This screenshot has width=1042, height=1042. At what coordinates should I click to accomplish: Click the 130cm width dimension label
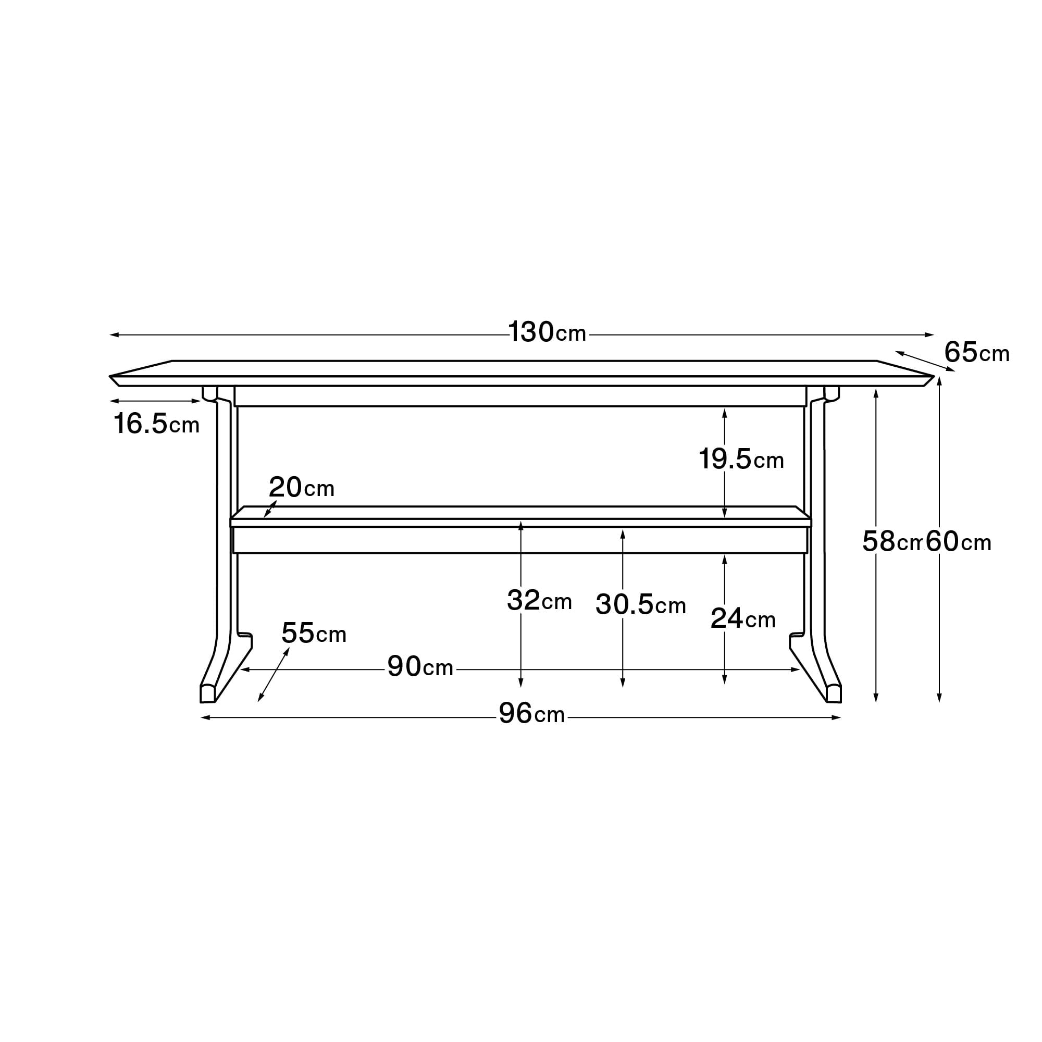click(x=547, y=332)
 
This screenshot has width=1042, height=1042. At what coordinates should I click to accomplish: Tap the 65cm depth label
click(x=976, y=353)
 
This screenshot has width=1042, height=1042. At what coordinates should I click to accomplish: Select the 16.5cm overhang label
click(x=156, y=424)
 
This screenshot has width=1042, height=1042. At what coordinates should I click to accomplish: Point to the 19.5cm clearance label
click(x=741, y=459)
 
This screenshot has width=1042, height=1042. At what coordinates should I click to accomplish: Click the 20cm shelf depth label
click(x=302, y=487)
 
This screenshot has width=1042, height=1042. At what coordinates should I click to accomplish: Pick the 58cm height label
click(x=892, y=541)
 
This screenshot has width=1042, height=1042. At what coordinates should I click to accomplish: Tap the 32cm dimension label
click(x=539, y=600)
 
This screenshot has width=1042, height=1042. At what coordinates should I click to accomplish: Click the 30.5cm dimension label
click(x=641, y=604)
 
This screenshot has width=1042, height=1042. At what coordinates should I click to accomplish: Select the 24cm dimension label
click(x=743, y=618)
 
